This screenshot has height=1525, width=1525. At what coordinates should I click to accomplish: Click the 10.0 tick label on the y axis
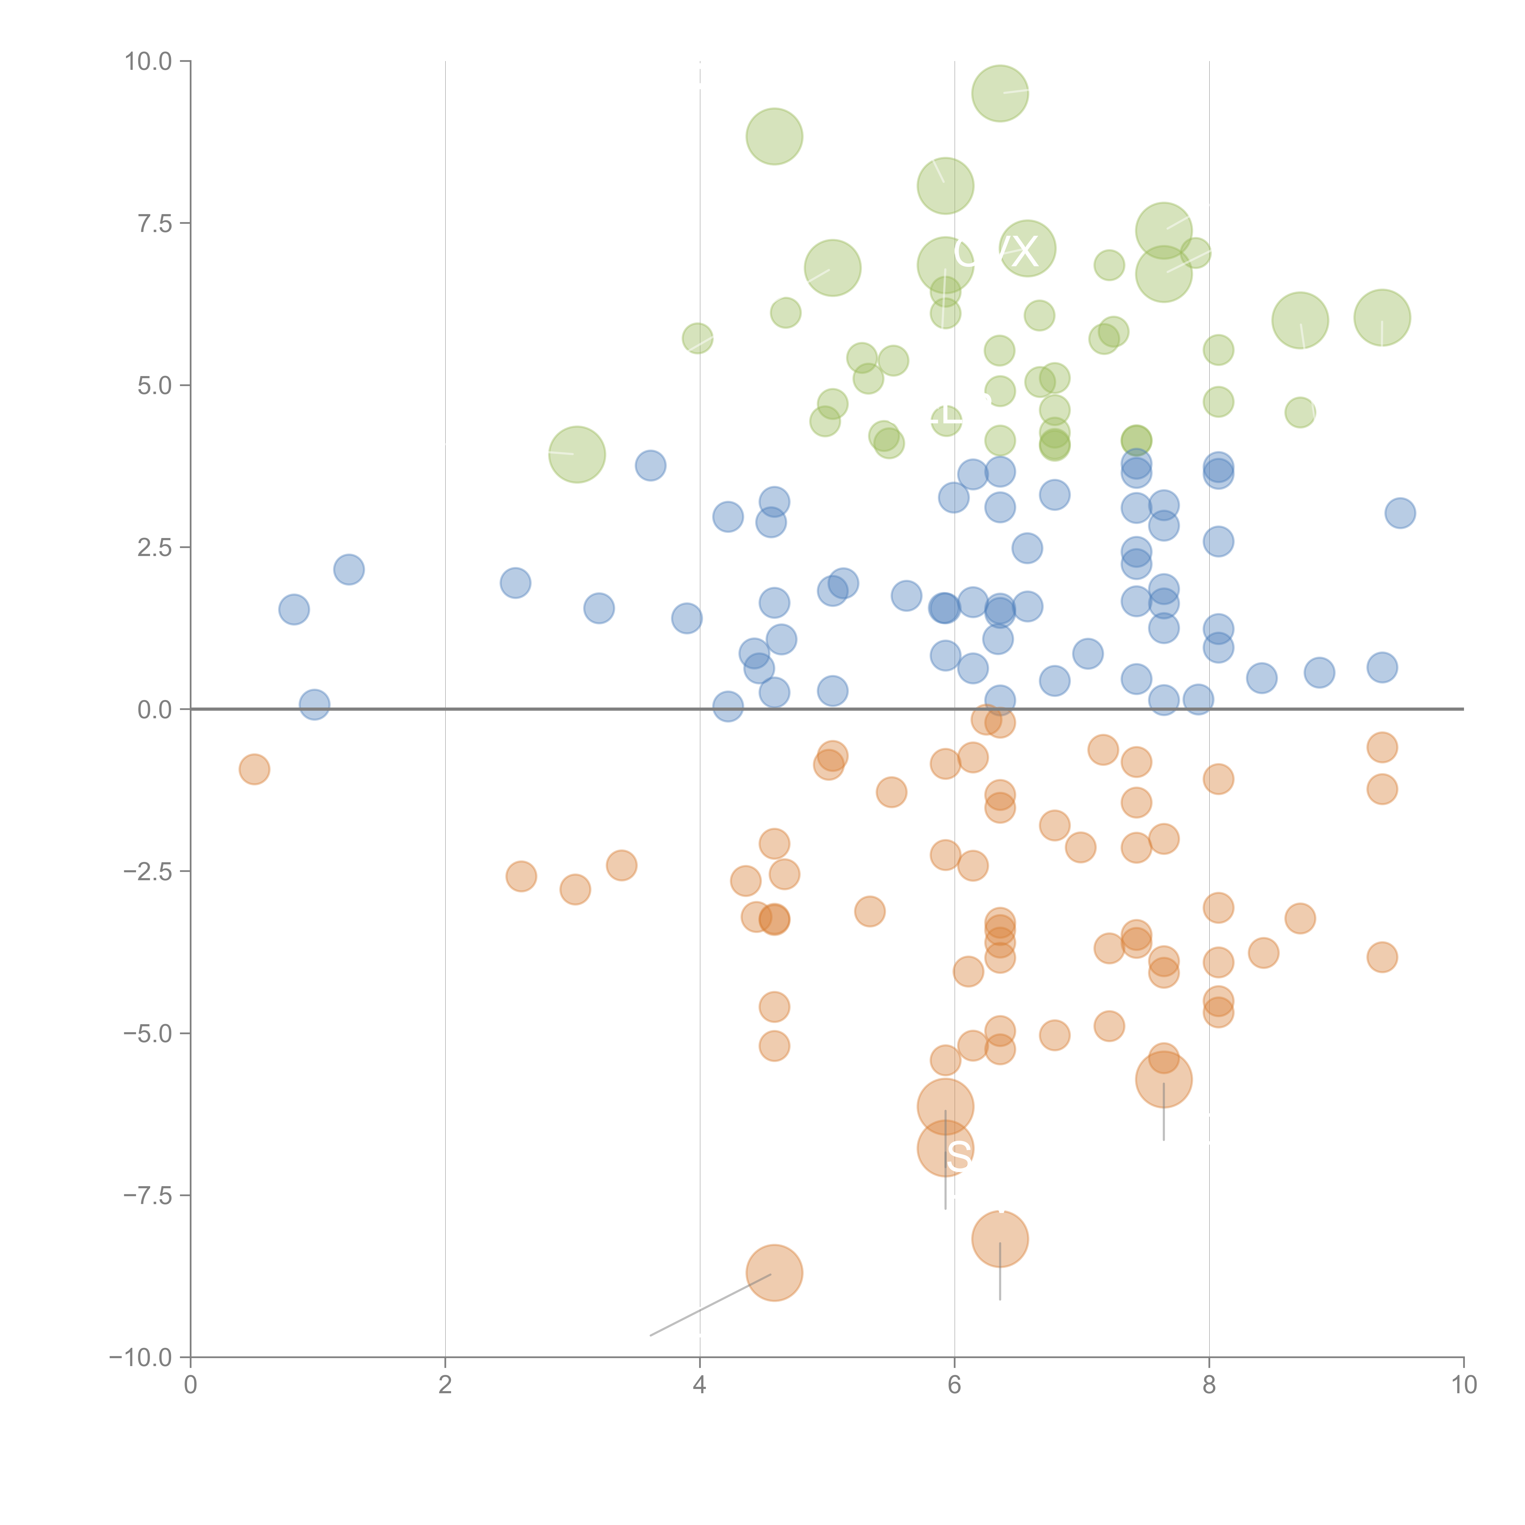(149, 62)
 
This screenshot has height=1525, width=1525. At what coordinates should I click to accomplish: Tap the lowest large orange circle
(774, 1272)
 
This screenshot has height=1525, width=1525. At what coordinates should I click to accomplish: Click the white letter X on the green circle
(1024, 252)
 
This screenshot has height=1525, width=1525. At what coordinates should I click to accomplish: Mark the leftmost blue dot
(294, 609)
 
